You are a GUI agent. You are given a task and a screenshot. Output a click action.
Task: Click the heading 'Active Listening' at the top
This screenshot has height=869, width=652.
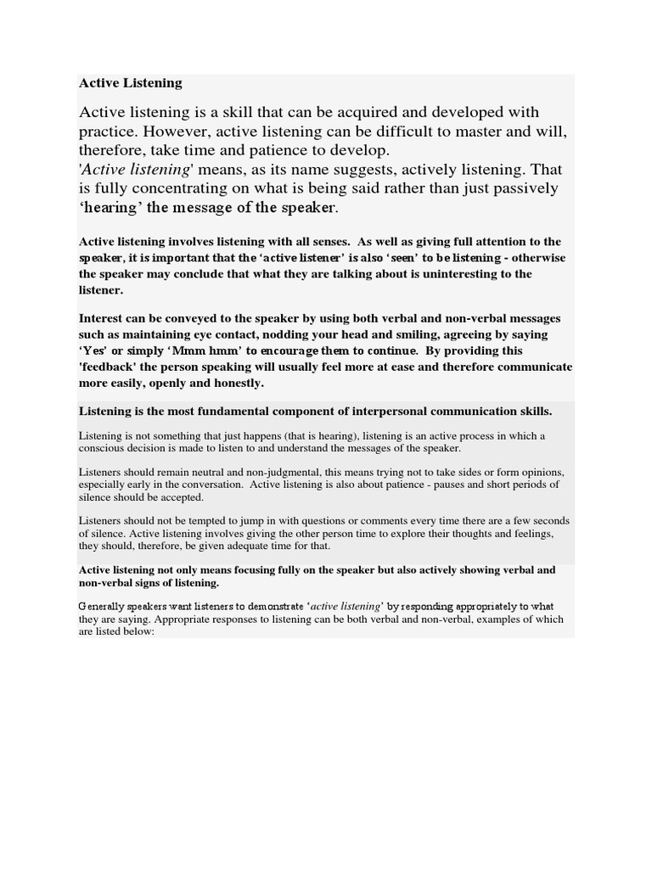pyautogui.click(x=130, y=82)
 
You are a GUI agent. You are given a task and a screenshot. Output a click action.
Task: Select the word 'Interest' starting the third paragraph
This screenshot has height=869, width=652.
pyautogui.click(x=103, y=318)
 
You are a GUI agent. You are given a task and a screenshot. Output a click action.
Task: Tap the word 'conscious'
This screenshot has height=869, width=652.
pyautogui.click(x=102, y=448)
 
